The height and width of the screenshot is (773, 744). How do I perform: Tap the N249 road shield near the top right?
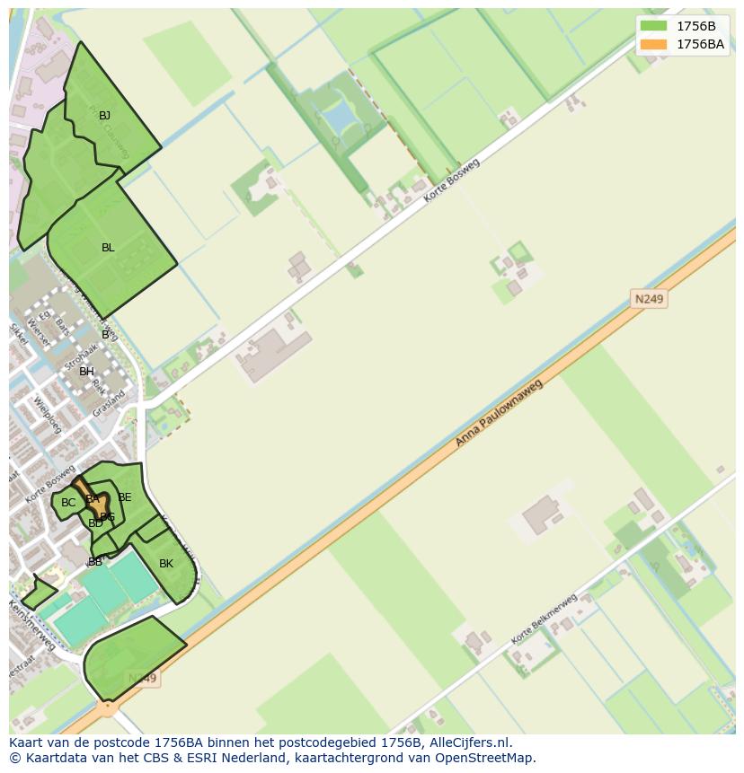pos(649,299)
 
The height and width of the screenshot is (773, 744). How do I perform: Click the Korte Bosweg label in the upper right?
pos(452,180)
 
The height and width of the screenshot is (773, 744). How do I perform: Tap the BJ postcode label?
pos(104,116)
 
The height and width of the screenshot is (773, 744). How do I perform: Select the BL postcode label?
pos(108,248)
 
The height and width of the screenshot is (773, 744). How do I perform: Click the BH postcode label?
pos(86,372)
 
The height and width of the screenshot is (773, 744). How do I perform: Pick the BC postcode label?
pos(68,503)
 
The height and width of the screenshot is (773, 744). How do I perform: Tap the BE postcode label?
pos(125,497)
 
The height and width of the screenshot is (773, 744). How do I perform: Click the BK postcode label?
pos(166,564)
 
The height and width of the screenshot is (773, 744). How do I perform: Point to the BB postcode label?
pos(94,562)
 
